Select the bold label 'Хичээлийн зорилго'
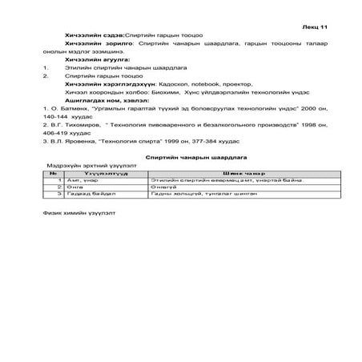94,45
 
